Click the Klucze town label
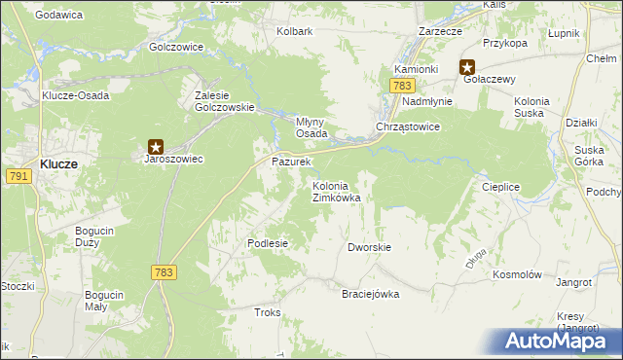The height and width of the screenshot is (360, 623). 59,164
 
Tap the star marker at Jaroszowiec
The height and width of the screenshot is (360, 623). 155,145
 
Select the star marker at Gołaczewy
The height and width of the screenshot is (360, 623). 467,68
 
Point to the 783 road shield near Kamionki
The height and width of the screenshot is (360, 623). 402,87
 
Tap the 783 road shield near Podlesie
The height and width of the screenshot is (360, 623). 163,273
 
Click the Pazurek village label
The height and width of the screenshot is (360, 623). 290,161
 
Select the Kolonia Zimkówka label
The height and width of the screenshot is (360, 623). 336,192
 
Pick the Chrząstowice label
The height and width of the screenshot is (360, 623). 409,127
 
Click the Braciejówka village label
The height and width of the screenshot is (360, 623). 370,294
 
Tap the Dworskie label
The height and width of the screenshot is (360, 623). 369,247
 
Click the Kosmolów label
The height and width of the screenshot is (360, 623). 516,275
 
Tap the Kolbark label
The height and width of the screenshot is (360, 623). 294,31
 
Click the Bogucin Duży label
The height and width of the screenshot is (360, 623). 96,236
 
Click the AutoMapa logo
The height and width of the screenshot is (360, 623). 559,342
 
